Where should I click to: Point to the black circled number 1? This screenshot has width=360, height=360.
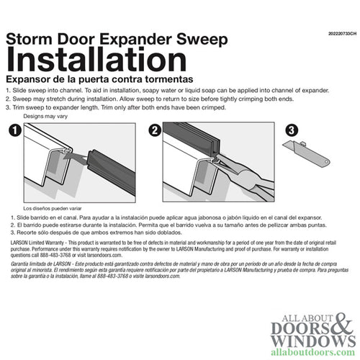(13, 130)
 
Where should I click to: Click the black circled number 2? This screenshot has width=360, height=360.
(153, 130)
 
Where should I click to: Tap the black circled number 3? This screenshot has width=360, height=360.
(291, 130)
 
